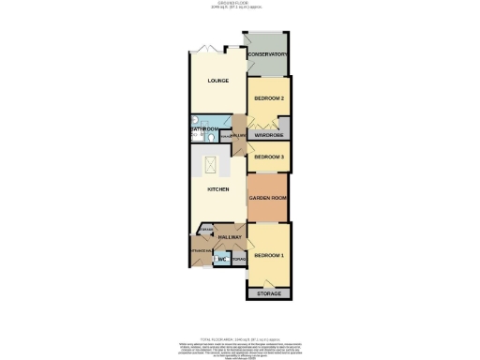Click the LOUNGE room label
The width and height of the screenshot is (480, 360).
[218, 82]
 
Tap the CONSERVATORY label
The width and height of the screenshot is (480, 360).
[267, 54]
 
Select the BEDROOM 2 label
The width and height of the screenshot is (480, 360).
[269, 98]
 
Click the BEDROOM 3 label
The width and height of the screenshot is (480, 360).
[269, 157]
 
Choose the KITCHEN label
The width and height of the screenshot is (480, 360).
[218, 189]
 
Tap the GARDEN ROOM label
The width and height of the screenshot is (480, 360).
[267, 199]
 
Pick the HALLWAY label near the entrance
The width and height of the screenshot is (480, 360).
[231, 238]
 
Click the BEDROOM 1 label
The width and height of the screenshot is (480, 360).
[269, 256]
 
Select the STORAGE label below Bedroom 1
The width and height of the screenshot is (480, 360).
[269, 294]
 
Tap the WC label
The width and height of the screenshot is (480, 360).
[222, 259]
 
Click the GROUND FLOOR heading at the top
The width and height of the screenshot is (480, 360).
[240, 5]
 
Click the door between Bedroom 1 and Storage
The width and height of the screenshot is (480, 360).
[269, 282]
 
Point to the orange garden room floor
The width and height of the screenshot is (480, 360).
[267, 211]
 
